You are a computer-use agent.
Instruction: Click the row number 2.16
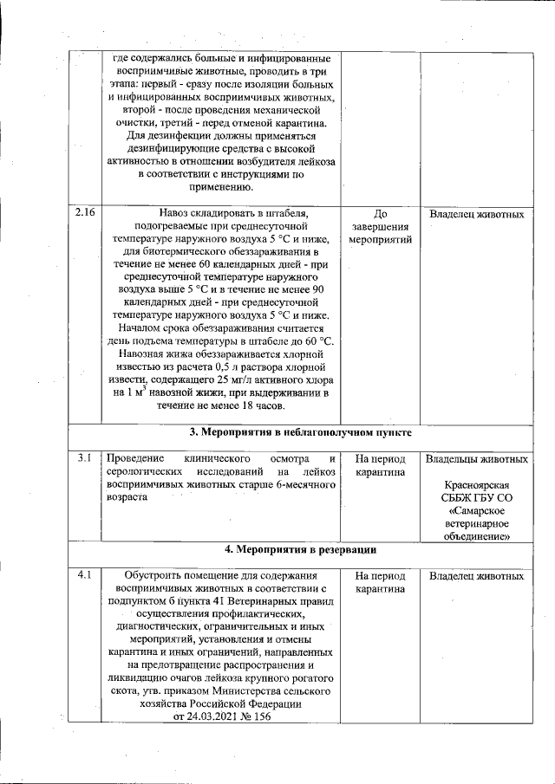(x=84, y=213)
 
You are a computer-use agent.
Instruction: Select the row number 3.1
(x=83, y=457)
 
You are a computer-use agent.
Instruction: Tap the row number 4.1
(x=83, y=575)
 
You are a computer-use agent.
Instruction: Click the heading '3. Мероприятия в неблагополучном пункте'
(x=300, y=432)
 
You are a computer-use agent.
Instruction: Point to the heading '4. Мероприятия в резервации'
(x=300, y=549)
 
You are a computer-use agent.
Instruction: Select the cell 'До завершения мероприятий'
(x=380, y=226)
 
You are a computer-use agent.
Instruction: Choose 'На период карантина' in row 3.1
(x=380, y=465)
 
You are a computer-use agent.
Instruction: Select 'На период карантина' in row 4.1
(x=380, y=582)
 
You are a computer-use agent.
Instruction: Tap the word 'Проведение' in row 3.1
(x=134, y=457)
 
